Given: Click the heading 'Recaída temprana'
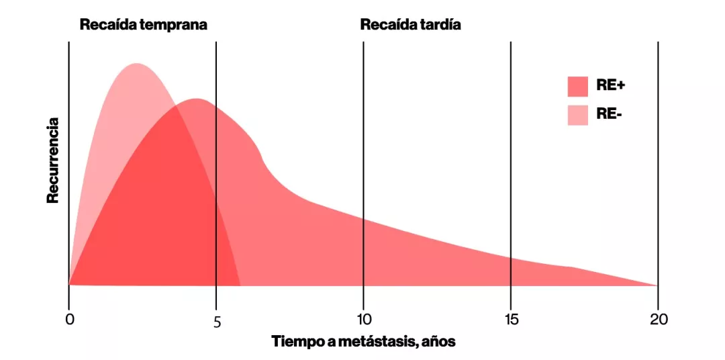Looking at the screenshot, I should click(144, 25).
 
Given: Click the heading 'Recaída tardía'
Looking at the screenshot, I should click(410, 25).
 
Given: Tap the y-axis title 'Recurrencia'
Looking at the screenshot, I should click(54, 161).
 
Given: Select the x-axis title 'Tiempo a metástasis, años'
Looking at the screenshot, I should click(363, 341).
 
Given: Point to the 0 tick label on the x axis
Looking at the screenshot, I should click(69, 320).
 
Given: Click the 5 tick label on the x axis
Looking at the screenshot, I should click(217, 322).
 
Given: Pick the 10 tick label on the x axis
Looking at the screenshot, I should click(363, 320).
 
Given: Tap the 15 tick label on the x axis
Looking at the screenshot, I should click(510, 320).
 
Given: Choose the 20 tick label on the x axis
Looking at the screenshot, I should click(658, 320).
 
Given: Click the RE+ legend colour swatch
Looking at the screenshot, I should click(577, 86).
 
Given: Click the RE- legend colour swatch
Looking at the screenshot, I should click(577, 115).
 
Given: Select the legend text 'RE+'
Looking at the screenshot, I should click(610, 86).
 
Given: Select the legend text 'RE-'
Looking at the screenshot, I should click(609, 115).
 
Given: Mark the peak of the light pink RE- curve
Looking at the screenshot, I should click(137, 64).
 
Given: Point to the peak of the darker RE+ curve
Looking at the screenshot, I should click(196, 99).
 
